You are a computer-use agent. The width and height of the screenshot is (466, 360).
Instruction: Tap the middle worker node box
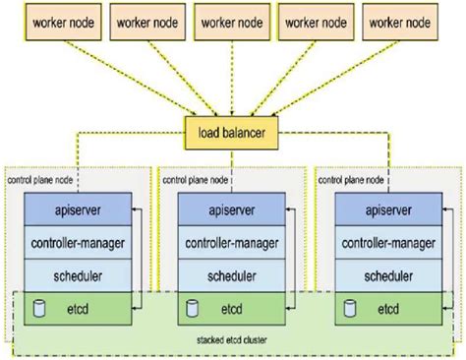[232, 19]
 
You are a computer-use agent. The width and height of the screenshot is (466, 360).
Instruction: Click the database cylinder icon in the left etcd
[38, 309]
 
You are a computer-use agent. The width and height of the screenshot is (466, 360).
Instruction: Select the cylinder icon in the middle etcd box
[194, 309]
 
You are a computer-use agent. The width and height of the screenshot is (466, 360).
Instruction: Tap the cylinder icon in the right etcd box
[350, 309]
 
